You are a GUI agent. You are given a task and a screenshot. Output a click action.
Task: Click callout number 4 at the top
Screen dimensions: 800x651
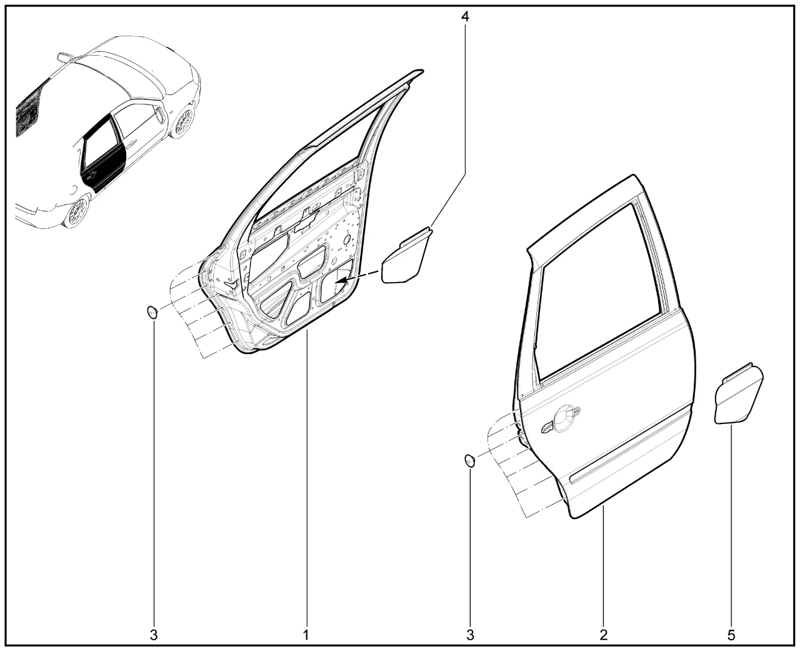coord(465,16)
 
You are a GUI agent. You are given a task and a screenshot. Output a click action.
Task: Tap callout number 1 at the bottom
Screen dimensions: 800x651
coord(306,635)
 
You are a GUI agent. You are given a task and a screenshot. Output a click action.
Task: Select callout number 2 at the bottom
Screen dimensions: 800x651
coord(603,635)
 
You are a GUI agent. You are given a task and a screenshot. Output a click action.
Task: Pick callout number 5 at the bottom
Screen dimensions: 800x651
coord(731,635)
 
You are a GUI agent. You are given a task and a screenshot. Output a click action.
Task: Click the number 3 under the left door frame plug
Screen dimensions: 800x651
coord(154,635)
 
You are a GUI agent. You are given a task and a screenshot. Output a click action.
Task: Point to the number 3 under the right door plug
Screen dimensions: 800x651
coord(470,635)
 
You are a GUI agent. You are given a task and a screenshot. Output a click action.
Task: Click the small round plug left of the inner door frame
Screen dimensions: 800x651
coord(152,312)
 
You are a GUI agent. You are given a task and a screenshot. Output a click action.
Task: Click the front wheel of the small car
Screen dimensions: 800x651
coord(183,121)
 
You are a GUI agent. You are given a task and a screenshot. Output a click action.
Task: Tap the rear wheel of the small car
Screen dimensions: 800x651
coord(77,213)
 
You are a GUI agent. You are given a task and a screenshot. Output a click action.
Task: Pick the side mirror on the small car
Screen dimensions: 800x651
coord(159,114)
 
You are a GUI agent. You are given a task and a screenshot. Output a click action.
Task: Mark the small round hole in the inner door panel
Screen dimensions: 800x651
coord(347,239)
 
